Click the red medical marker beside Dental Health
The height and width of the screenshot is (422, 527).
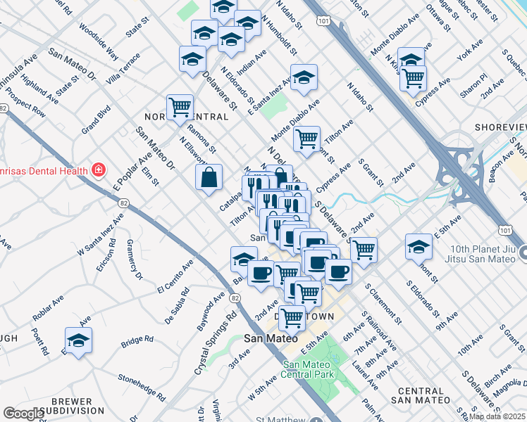click(99, 170)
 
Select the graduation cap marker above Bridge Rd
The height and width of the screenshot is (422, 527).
click(79, 340)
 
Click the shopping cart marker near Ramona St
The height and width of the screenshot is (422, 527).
click(180, 108)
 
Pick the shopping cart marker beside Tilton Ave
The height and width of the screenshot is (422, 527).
click(306, 139)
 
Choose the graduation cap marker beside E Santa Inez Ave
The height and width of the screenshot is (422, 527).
click(304, 78)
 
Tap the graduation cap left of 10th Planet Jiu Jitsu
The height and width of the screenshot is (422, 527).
click(419, 247)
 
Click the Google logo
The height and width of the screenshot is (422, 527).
click(23, 414)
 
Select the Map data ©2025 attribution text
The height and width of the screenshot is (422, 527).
click(497, 416)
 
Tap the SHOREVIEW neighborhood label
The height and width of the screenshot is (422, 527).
click(500, 127)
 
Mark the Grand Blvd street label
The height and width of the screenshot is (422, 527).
click(96, 120)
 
